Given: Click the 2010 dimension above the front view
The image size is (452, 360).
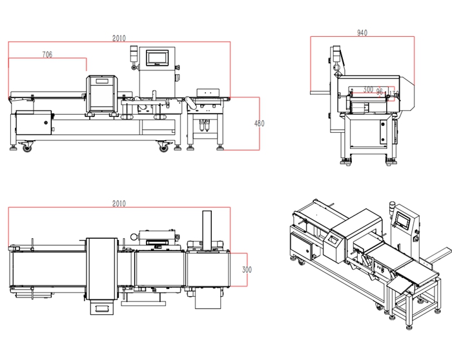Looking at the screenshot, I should click(x=119, y=39).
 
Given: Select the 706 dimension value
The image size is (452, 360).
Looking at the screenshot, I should click(x=47, y=55).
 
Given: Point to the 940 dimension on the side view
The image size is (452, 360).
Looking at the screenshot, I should click(x=362, y=32).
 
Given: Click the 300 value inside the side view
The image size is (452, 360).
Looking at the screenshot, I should click(x=368, y=90).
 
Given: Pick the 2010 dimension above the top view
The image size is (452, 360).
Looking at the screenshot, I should click(x=119, y=203).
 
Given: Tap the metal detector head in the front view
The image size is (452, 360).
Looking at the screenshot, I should click(x=103, y=94).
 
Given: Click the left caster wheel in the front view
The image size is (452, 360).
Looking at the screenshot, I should click(x=27, y=148).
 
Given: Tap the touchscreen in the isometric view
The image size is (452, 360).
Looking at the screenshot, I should click(x=402, y=219).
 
